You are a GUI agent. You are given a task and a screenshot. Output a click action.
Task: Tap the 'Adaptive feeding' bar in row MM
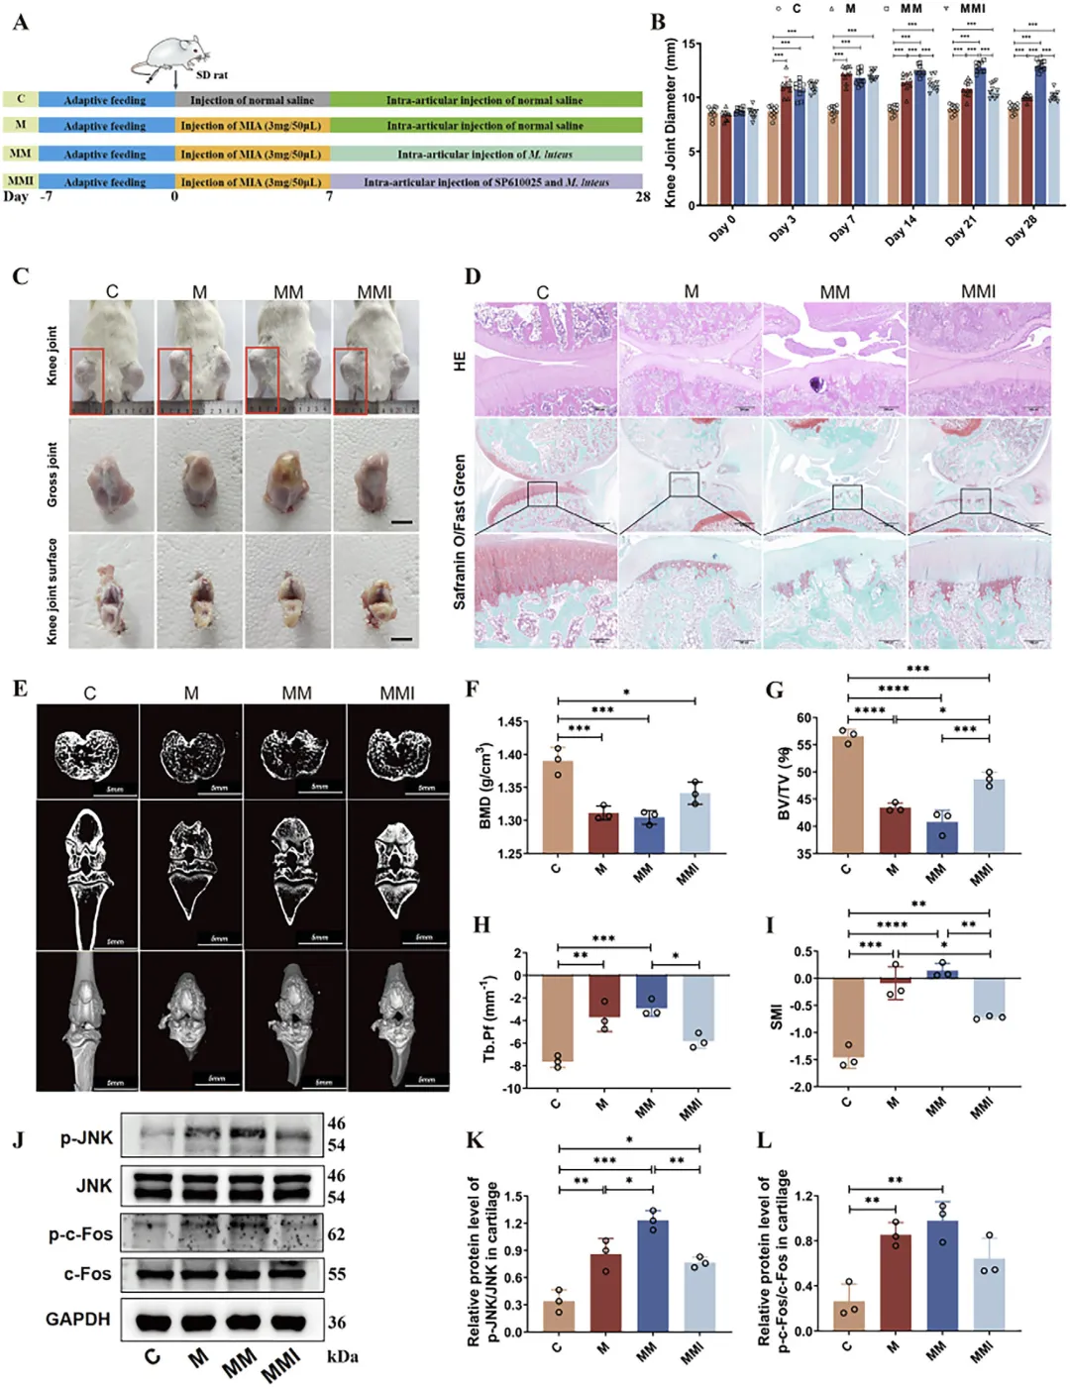[x=105, y=155]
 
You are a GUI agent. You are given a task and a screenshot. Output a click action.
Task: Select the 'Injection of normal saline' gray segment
[x=252, y=100]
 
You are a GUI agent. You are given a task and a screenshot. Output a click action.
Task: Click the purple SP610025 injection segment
[x=485, y=182]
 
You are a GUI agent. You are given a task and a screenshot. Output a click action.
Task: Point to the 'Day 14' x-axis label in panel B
[x=901, y=232]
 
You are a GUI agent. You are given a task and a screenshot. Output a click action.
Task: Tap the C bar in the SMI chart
[x=848, y=1016]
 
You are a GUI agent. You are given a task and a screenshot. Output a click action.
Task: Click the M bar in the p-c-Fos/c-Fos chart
[x=895, y=1282]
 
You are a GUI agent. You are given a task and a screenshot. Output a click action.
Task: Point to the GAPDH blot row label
[x=77, y=1319]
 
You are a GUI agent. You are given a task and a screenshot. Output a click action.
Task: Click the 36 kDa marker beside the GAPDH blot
[x=337, y=1322]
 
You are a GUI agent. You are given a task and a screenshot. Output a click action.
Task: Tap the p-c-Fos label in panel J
[x=81, y=1234]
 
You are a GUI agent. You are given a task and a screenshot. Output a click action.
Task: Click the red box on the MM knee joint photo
[x=263, y=380]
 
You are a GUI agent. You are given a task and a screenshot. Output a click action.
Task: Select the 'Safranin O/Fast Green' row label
[x=460, y=531]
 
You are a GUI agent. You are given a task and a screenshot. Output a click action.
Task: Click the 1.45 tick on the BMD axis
[x=511, y=722]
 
